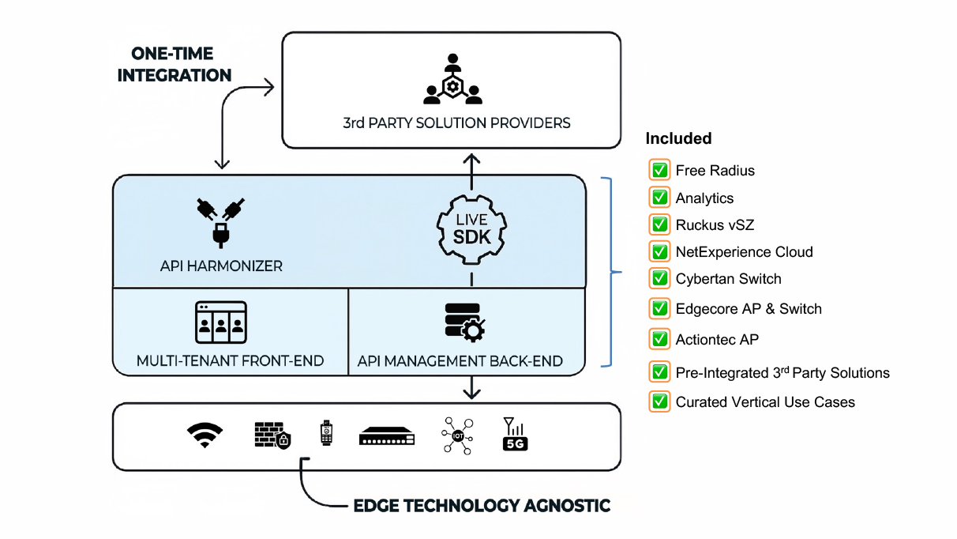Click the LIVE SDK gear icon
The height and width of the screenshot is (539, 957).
471,228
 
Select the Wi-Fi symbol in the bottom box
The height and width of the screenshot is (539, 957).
205,435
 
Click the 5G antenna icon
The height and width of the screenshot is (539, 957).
515,435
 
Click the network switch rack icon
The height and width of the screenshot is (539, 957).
387,435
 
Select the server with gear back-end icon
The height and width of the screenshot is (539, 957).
464,322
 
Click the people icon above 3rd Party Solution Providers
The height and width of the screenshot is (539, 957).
452,80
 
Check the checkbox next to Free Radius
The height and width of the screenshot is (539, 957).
659,170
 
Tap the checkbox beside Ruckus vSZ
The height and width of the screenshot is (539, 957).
659,224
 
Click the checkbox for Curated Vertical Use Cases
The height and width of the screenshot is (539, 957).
659,401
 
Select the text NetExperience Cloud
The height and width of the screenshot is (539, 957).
744,252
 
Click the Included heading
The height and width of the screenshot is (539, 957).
678,138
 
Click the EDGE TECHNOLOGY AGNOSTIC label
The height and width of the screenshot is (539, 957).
482,505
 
